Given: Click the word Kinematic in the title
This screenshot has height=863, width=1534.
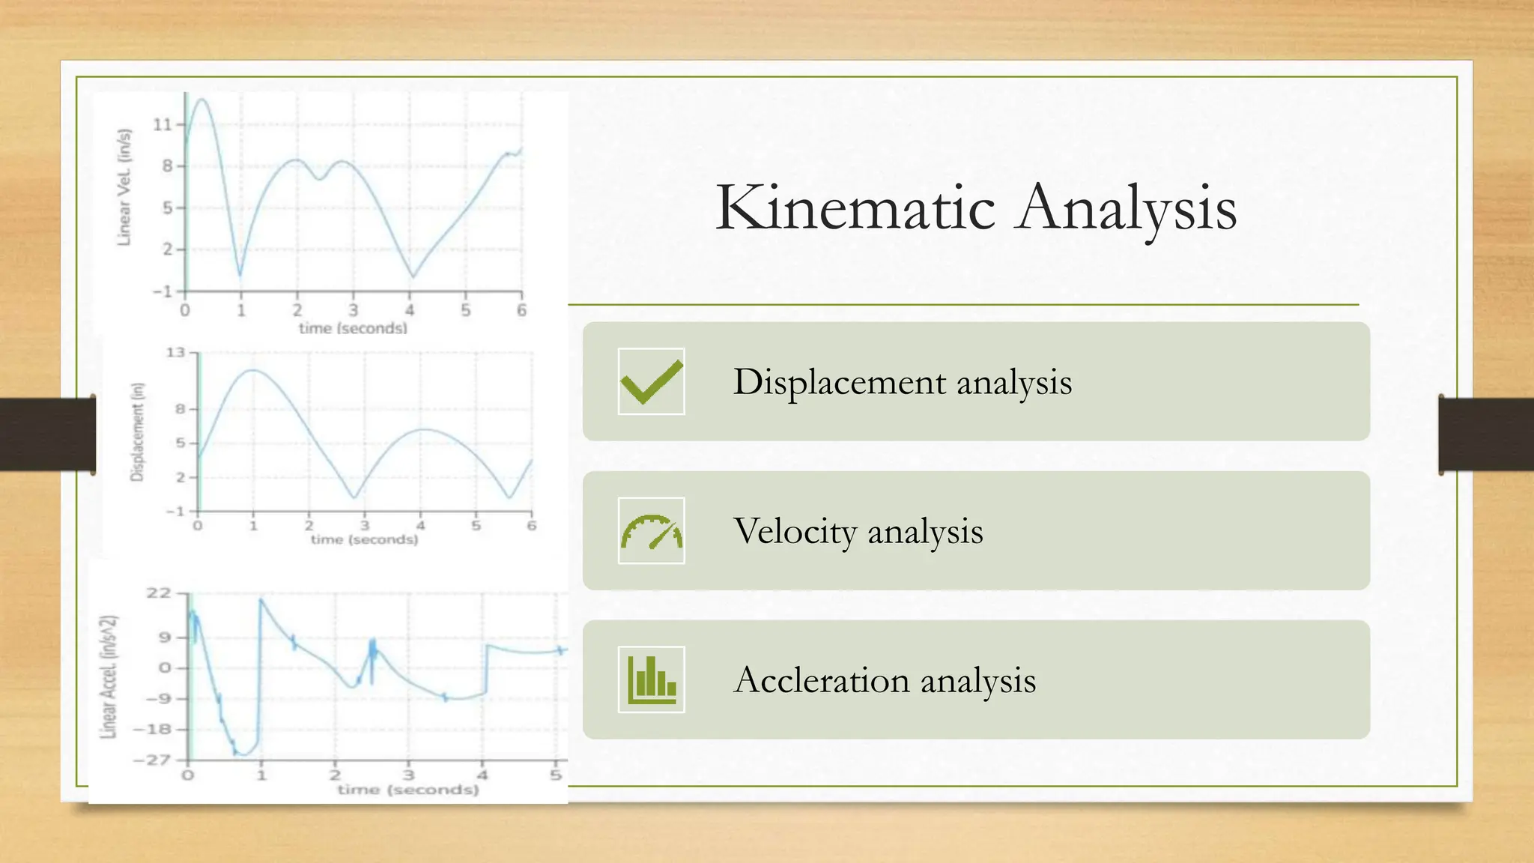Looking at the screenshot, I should [855, 208].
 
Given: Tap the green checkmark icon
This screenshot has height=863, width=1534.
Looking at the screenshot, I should [651, 381].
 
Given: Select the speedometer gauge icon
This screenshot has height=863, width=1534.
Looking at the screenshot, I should [651, 530].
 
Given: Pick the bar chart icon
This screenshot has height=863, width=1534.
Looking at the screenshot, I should [651, 679].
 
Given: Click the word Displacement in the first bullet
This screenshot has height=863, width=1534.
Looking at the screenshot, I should [840, 382].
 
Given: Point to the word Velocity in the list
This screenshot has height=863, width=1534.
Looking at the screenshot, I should [795, 531].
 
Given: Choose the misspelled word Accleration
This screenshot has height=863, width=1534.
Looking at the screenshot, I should [822, 680].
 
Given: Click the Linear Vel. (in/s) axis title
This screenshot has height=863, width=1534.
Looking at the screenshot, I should [124, 187].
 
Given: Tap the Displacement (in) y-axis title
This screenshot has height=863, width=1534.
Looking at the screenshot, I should [137, 432].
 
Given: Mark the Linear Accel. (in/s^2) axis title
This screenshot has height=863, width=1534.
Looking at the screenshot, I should [109, 676].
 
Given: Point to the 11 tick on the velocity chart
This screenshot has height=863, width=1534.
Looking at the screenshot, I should [163, 124].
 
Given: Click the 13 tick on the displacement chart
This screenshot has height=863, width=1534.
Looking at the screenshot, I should [175, 352].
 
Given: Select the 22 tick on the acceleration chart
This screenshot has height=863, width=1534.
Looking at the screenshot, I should [159, 593].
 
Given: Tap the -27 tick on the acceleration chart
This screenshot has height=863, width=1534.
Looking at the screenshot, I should [152, 760].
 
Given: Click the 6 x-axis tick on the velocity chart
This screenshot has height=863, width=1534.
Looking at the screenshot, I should [521, 310].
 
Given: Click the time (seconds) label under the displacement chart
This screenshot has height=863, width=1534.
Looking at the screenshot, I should [364, 539].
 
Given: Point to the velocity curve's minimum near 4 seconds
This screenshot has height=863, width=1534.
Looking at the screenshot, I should [412, 276].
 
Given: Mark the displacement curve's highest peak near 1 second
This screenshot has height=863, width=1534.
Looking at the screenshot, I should [254, 370].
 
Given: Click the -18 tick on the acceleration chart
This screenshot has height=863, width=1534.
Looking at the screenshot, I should [152, 729].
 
